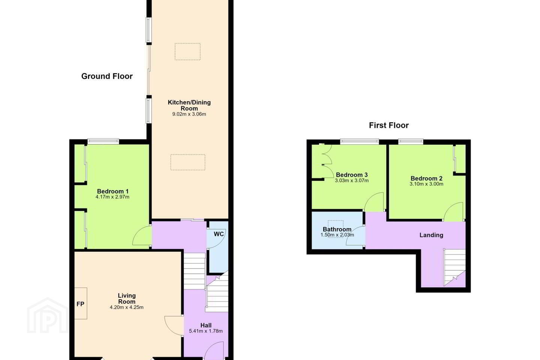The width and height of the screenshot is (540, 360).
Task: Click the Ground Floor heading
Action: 107,76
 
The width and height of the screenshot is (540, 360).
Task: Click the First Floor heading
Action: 388,125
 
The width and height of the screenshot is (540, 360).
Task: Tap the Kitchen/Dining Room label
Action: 189,105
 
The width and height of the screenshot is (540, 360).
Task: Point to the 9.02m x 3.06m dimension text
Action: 189,114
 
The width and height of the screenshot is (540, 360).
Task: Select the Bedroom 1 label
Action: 112,192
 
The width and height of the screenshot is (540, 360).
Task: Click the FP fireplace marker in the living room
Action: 80,304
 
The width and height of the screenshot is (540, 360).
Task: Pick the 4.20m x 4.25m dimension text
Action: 127,307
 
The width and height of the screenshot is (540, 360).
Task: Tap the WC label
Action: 219,234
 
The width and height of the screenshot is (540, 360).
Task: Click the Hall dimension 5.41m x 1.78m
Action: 205,331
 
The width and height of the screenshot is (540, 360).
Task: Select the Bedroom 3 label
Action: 352,175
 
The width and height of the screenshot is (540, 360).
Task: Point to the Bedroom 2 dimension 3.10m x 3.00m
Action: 426,184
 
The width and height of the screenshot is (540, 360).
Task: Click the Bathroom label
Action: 337,229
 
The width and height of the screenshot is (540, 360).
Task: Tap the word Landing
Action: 431,235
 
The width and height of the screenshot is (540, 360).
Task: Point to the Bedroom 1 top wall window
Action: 103,141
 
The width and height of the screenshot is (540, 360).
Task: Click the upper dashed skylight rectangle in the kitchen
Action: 187,52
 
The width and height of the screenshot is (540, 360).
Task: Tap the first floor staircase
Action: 454,268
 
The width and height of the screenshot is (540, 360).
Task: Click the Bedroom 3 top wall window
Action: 359,141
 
